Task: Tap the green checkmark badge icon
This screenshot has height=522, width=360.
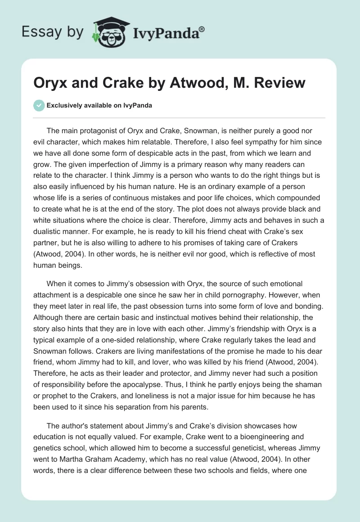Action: coord(39,105)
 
